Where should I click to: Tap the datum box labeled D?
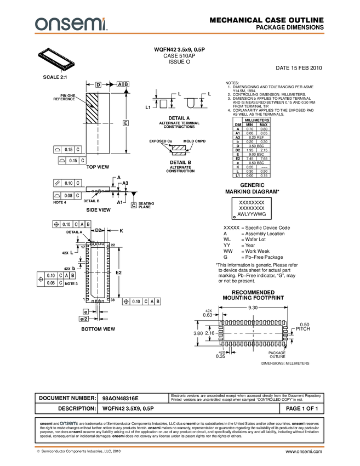tap(98, 85)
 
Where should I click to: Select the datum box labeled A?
tap(119, 84)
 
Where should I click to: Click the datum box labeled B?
tap(126, 84)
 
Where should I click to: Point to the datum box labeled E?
tap(125, 123)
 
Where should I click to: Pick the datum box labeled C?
tap(133, 205)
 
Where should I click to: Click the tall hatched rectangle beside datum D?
tap(92, 108)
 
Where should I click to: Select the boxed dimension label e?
tap(85, 312)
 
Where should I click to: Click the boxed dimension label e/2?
tap(84, 319)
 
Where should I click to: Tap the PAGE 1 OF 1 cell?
tap(302, 409)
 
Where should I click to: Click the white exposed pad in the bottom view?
tap(98, 271)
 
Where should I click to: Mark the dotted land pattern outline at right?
tap(253, 332)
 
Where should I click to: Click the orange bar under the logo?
tap(180, 34)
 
